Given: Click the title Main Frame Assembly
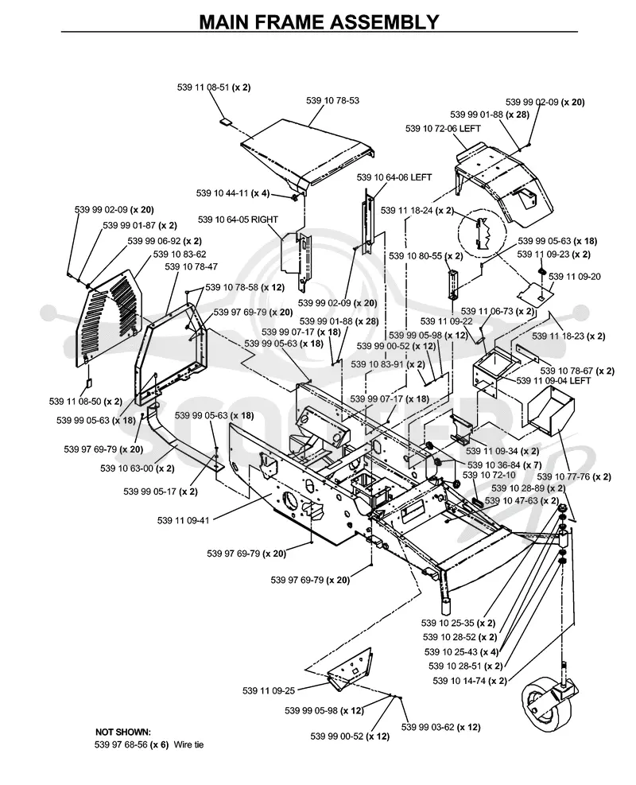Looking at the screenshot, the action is coord(319,21).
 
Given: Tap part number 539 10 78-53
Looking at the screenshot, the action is coord(333,101).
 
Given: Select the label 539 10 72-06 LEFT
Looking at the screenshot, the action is coord(443,129).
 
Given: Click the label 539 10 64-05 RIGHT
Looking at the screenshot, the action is coord(238,220).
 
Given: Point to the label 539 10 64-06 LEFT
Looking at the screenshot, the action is coord(394,177).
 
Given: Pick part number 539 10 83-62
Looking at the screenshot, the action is coord(180,255).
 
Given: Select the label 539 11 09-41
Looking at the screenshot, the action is coord(183,521).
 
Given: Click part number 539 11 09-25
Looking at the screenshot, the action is coord(269,691).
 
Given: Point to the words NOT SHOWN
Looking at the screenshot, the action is coord(122,732).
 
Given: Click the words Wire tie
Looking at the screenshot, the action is coord(188,744).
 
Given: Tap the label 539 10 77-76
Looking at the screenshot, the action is coord(574,476).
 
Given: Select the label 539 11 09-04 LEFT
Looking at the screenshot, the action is coord(553,381).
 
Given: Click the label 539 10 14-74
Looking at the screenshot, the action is coord(470,681).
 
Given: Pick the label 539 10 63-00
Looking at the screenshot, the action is coord(138,468).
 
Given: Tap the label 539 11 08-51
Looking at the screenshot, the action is coord(214,87).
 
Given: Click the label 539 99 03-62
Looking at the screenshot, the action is coord(441,727).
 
